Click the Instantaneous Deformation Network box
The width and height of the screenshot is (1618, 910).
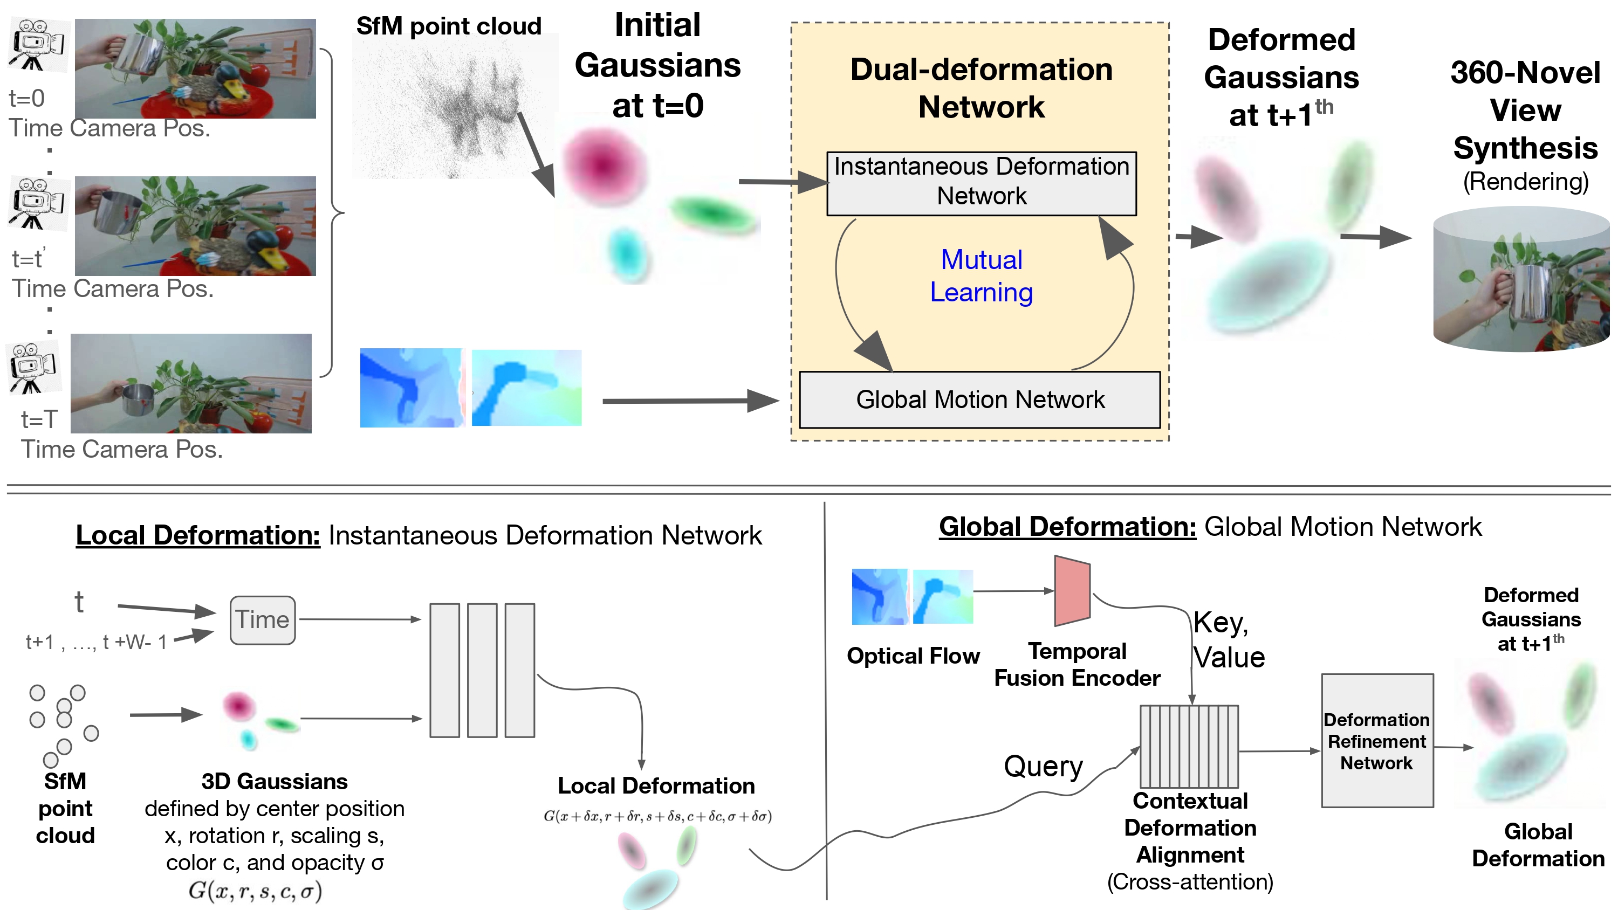coord(981,183)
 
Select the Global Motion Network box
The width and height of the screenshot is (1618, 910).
coord(979,400)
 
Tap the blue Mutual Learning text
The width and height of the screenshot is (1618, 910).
coord(981,277)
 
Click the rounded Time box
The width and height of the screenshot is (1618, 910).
coord(263,620)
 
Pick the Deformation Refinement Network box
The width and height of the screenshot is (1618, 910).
coord(1377,741)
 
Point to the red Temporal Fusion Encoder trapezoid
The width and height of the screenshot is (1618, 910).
coord(1072,590)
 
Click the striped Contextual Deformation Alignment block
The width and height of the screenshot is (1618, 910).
coord(1189,746)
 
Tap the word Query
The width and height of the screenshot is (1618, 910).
coord(1043,766)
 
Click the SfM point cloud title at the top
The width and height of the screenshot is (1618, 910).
coord(449,26)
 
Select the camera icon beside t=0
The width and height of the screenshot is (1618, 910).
coord(37,45)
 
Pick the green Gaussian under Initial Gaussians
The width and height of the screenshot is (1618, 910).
coord(712,213)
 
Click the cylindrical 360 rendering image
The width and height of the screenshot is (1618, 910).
coord(1521,279)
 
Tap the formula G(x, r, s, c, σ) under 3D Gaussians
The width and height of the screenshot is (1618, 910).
coord(255,891)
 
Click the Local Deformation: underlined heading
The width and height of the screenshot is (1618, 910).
coord(198,536)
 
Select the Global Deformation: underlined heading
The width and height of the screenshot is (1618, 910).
coord(1067,527)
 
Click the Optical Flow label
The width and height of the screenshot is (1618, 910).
coord(913,656)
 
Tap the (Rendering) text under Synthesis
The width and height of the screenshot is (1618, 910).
coord(1525,182)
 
